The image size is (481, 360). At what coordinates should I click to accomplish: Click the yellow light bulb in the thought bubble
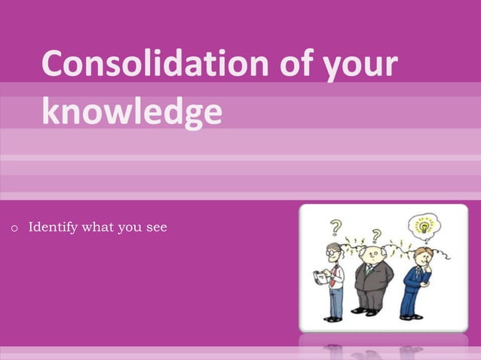tap(424, 224)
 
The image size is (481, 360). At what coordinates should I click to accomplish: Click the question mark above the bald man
tap(375, 236)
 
